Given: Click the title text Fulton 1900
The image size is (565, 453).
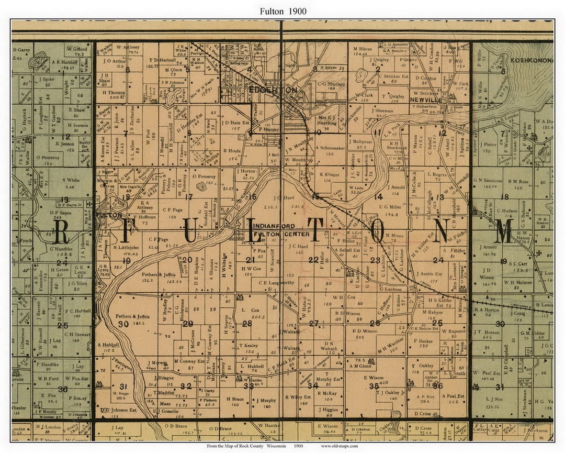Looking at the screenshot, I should pyautogui.click(x=282, y=11).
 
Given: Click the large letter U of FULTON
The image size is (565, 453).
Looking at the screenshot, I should pyautogui.click(x=190, y=231).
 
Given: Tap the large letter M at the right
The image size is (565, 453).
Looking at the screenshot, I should pyautogui.click(x=504, y=231).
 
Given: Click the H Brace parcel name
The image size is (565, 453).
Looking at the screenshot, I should pyautogui.click(x=235, y=399).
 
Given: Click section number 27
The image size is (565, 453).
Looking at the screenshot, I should pyautogui.click(x=313, y=323).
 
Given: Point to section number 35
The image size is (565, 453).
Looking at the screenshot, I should pyautogui.click(x=374, y=386).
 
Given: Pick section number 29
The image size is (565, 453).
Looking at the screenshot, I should pyautogui.click(x=188, y=324).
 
